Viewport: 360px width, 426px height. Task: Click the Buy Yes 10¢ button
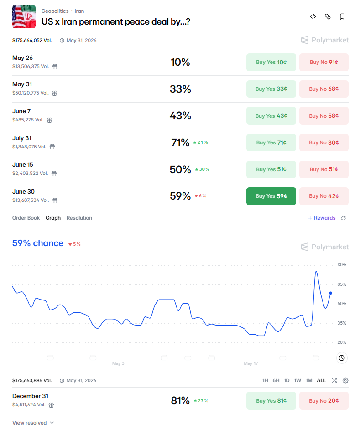pyautogui.click(x=271, y=62)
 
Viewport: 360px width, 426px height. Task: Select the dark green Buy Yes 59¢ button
pyautogui.click(x=271, y=196)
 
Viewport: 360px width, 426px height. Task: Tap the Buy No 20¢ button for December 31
pyautogui.click(x=323, y=401)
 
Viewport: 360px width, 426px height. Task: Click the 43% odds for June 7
pyautogui.click(x=180, y=116)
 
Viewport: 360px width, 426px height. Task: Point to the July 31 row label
pyautogui.click(x=22, y=138)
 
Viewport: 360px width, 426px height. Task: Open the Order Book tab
pyautogui.click(x=26, y=218)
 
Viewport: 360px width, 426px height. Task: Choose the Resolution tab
pyautogui.click(x=79, y=218)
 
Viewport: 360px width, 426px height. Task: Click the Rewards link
pyautogui.click(x=322, y=218)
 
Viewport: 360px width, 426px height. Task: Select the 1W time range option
pyautogui.click(x=297, y=380)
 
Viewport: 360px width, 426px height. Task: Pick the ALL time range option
pyautogui.click(x=321, y=380)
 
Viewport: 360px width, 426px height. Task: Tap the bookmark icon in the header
pyautogui.click(x=342, y=17)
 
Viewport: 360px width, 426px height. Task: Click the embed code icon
pyautogui.click(x=313, y=16)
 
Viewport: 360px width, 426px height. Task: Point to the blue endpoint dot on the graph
pyautogui.click(x=330, y=293)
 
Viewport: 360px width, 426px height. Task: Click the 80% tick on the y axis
pyautogui.click(x=342, y=265)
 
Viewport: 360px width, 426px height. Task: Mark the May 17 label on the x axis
pyautogui.click(x=251, y=363)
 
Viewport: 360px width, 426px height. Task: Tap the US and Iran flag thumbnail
pyautogui.click(x=24, y=16)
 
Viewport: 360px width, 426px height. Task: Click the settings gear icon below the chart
pyautogui.click(x=345, y=380)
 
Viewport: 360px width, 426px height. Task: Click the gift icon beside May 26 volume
pyautogui.click(x=55, y=67)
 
